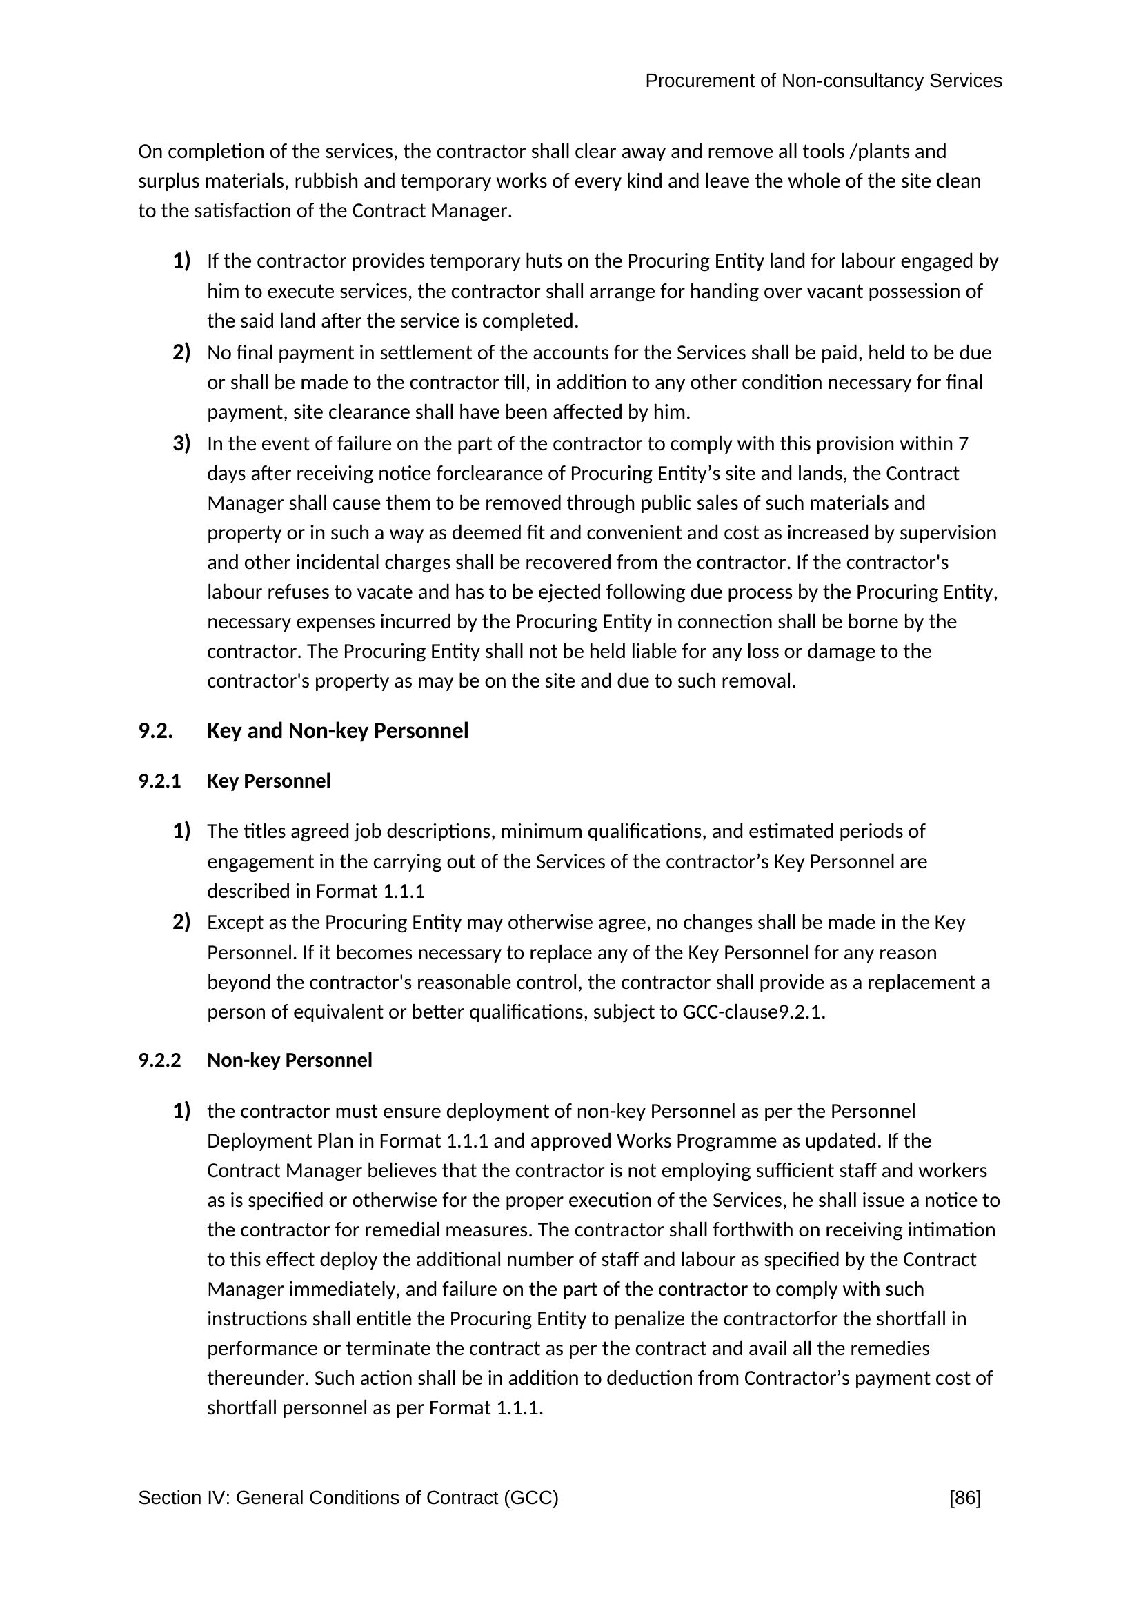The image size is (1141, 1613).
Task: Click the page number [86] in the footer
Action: (x=964, y=1499)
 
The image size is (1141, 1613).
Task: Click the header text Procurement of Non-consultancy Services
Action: (x=823, y=81)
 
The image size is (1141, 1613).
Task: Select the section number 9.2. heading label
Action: (x=155, y=731)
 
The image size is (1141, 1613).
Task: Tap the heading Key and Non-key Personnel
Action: (x=337, y=731)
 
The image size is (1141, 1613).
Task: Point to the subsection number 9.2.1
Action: (x=159, y=781)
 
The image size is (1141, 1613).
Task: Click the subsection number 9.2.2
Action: (x=159, y=1060)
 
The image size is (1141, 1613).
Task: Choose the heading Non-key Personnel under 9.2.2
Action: (x=290, y=1060)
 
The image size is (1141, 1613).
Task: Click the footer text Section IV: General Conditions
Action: (x=348, y=1499)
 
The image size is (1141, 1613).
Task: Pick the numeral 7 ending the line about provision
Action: (x=963, y=444)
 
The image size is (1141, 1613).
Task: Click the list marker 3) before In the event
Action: (x=181, y=443)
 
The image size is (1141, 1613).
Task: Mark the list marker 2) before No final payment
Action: (x=181, y=352)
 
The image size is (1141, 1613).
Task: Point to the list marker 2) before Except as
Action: (x=181, y=922)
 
